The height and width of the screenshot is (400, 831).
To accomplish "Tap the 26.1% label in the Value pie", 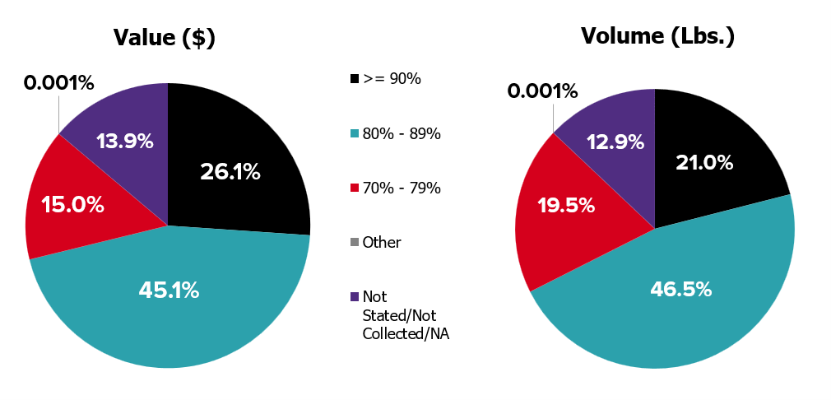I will pos(230,172).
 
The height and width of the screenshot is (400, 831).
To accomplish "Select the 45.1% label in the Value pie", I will pos(169,291).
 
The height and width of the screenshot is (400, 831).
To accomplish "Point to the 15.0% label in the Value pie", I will pos(74,205).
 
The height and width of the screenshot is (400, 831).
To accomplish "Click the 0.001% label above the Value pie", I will pos(58,83).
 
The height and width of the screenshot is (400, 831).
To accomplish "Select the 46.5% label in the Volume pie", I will pos(682,289).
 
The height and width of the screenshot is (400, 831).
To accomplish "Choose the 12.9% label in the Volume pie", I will pos(615,142).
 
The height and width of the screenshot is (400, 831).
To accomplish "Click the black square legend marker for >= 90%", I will pos(355,79).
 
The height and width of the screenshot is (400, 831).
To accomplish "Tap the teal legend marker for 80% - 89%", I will pos(355,133).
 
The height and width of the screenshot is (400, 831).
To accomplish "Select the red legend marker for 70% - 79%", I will pos(355,188).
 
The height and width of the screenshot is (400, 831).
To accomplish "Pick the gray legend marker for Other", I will pos(355,243).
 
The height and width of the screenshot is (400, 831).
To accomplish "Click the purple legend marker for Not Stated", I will pos(355,297).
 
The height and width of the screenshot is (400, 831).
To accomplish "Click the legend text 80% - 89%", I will pos(402,133).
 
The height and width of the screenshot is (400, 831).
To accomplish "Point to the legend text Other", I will pos(382,243).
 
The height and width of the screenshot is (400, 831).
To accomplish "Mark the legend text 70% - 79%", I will pos(402,188).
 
